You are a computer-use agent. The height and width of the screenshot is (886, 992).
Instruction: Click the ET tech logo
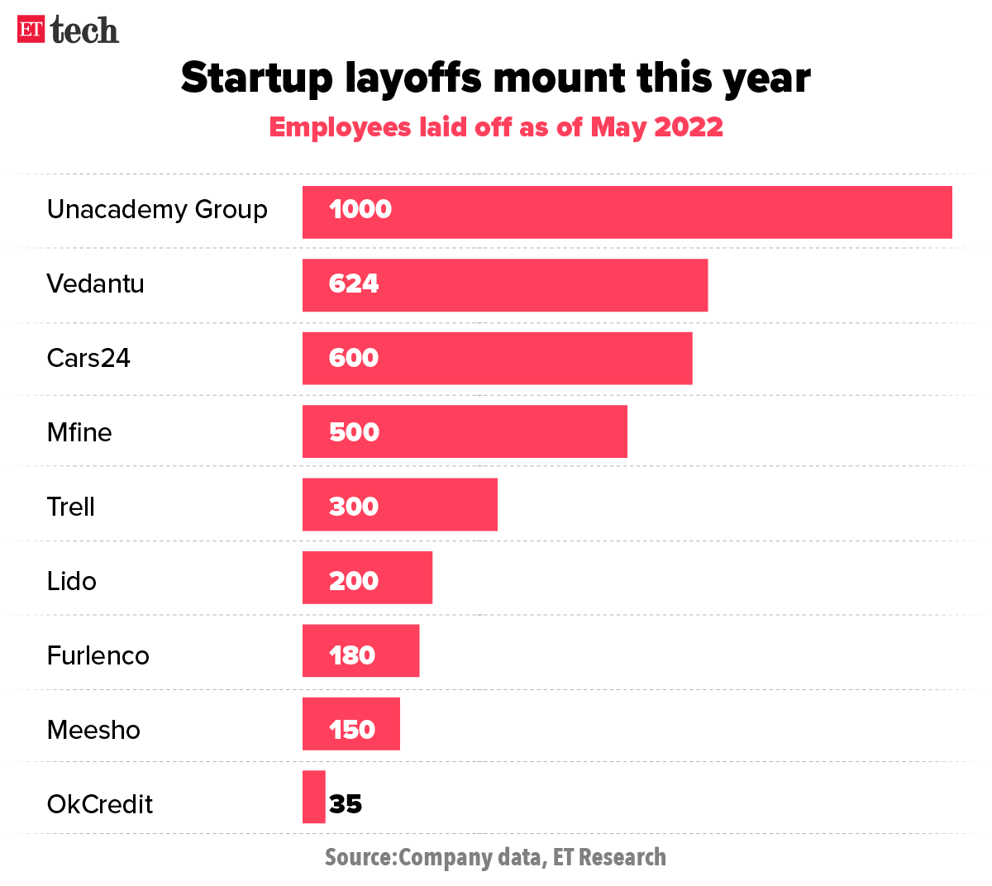click(69, 30)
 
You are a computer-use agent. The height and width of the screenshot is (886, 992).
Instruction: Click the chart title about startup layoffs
click(495, 78)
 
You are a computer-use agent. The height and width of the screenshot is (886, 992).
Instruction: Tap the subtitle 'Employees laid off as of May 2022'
click(496, 127)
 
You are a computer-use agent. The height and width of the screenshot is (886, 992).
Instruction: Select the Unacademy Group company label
click(157, 210)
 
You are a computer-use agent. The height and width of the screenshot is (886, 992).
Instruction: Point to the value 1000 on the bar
click(360, 210)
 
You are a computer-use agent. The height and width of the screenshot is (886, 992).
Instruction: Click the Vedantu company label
click(96, 284)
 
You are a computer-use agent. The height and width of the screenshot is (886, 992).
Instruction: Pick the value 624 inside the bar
click(354, 284)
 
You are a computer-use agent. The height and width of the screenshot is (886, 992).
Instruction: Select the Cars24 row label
click(88, 359)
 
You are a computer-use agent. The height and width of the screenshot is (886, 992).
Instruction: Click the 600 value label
click(354, 359)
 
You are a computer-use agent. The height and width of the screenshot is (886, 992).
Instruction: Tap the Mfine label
click(79, 432)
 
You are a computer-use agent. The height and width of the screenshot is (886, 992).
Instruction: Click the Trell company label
click(71, 507)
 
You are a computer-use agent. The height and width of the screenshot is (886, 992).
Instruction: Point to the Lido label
click(72, 581)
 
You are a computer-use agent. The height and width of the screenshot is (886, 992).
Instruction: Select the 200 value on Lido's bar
click(354, 581)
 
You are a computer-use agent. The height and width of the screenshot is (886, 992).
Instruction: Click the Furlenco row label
click(98, 655)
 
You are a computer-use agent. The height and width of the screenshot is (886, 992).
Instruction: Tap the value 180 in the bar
click(352, 655)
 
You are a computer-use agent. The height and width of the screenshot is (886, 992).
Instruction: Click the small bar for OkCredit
click(314, 797)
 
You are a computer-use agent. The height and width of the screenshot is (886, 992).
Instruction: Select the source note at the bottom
click(495, 857)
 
